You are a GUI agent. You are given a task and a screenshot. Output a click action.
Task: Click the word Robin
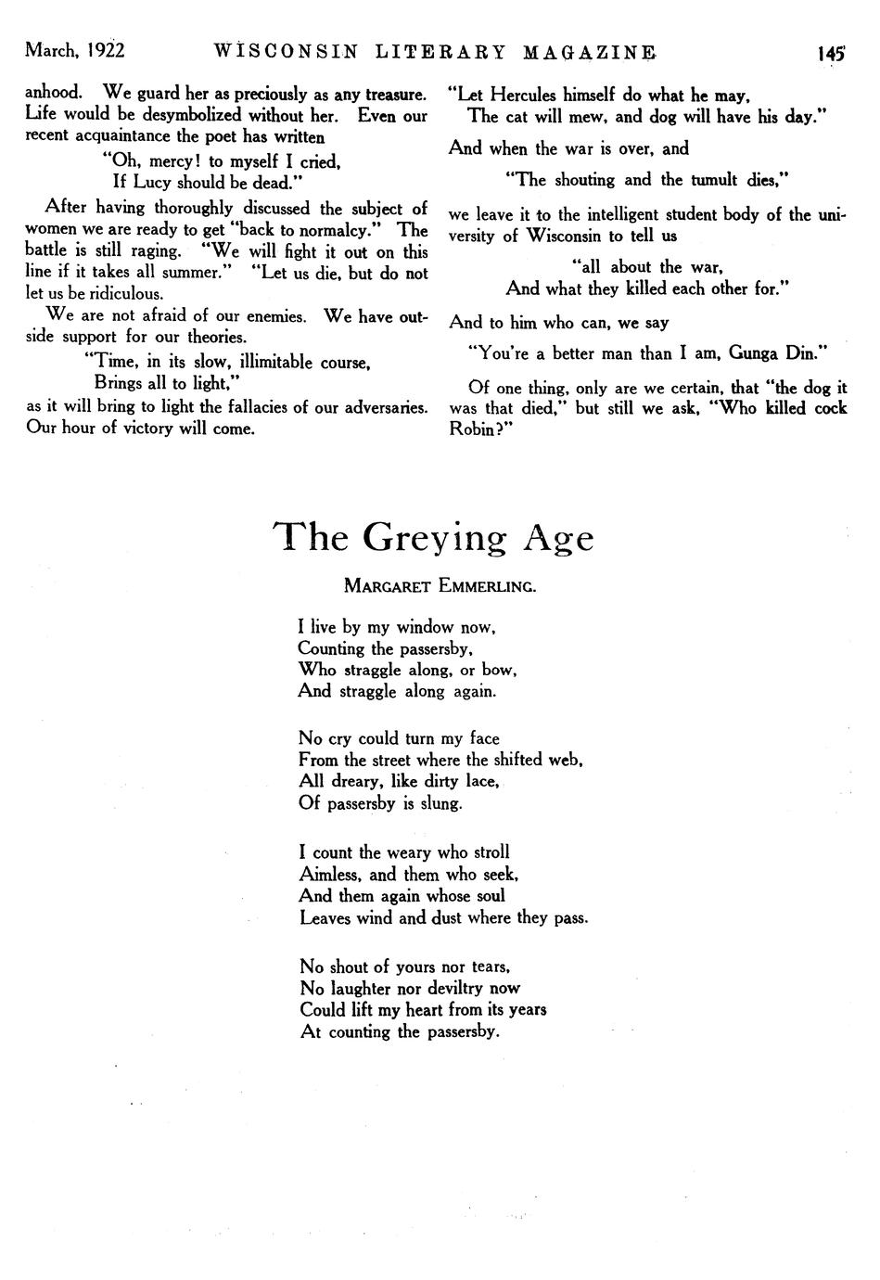pos(475,430)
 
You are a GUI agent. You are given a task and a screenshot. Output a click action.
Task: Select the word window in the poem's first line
pos(425,627)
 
